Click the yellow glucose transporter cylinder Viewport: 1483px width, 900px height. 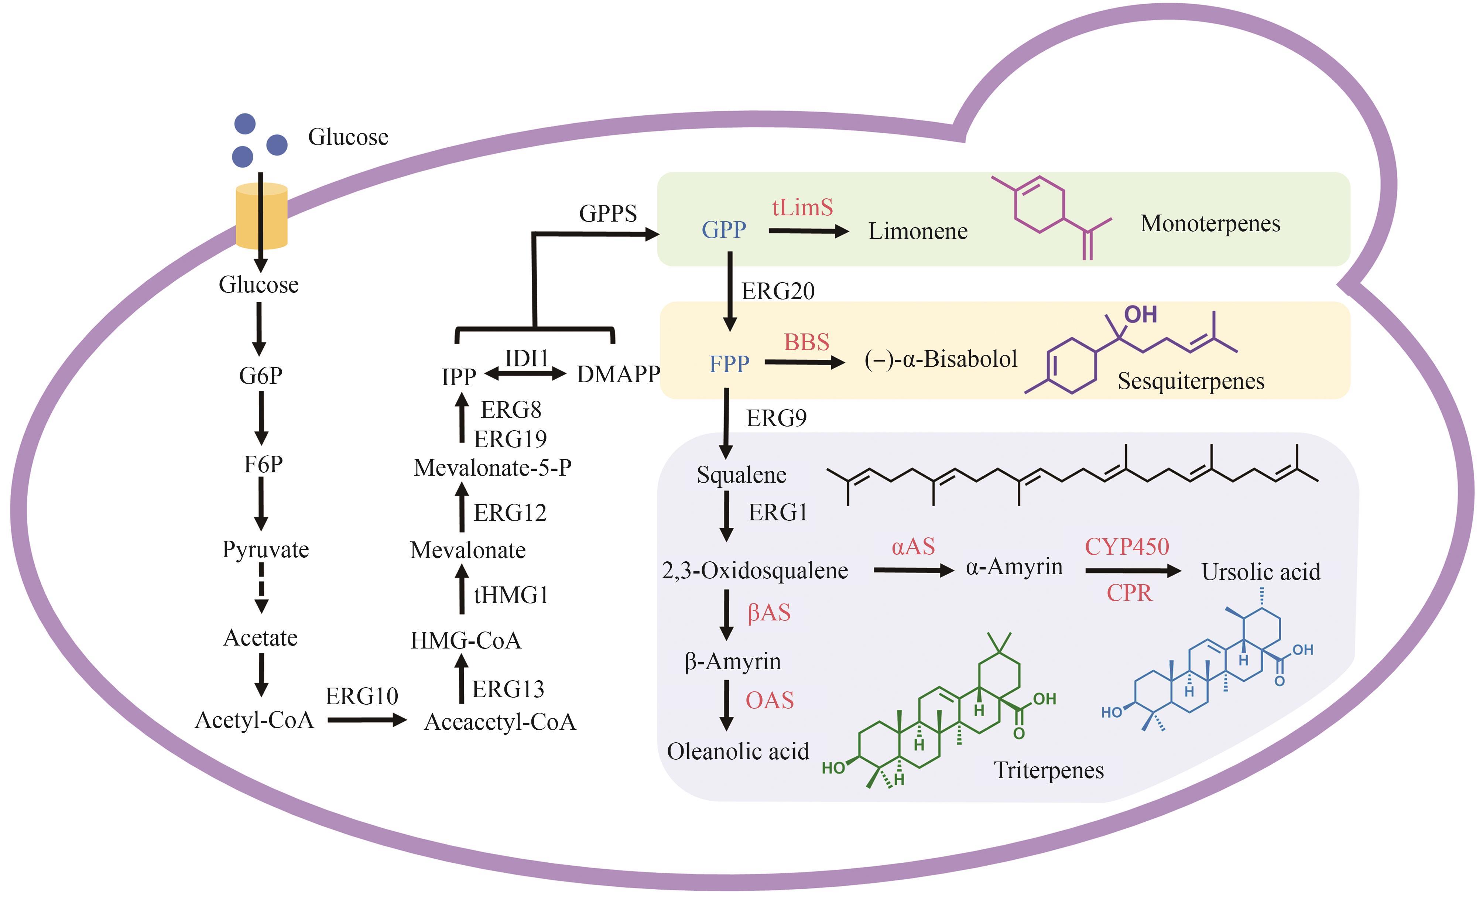261,216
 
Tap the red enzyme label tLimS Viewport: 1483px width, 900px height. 802,208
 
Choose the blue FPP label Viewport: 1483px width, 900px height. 729,364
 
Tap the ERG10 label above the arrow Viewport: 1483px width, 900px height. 362,697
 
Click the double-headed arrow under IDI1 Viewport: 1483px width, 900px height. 525,374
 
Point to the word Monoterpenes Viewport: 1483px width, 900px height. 1210,223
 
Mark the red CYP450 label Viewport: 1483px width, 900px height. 1127,547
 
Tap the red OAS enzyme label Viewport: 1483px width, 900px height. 770,700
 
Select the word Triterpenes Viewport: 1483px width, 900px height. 1048,771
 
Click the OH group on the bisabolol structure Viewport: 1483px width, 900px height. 1141,314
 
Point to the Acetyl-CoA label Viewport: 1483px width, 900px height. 254,720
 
